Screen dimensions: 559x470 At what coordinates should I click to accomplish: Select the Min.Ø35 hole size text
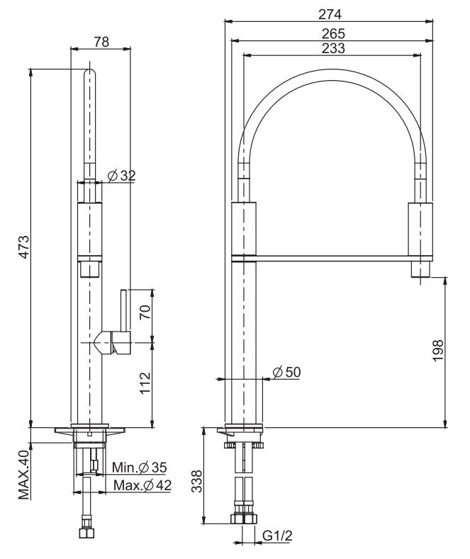point(140,468)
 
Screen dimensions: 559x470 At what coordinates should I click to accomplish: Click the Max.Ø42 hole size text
point(143,485)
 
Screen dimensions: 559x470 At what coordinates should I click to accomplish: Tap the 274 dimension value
point(330,13)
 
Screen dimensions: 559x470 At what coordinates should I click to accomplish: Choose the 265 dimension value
point(330,33)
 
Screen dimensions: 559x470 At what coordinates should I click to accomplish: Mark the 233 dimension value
point(330,48)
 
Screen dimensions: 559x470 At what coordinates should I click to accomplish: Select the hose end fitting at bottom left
point(87,533)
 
